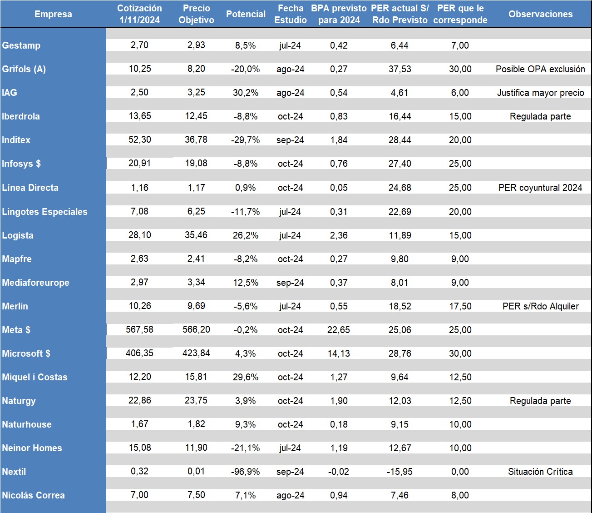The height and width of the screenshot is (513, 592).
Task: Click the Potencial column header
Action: coord(246,14)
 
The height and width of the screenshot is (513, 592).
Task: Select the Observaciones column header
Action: coord(540,14)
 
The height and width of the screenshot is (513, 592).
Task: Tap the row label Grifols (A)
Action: coord(24,69)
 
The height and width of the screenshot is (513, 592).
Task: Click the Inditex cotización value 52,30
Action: coord(139,140)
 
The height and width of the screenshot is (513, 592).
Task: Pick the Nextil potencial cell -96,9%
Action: coord(245,472)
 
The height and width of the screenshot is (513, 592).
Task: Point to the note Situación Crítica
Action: coord(540,472)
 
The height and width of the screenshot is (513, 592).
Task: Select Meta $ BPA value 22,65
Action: coord(339,330)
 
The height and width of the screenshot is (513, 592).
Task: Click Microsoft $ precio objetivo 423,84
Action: coord(196,354)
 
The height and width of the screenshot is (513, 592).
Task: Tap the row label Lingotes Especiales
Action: coord(44,212)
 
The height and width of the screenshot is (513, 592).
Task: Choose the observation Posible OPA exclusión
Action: coord(540,69)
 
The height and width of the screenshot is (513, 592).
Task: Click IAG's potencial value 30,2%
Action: coord(245,93)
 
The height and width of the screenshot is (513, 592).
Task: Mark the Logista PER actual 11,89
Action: coord(400,235)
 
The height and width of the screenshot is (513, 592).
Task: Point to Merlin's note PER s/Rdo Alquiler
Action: coord(540,306)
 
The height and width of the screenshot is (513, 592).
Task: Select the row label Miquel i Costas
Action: coord(35,377)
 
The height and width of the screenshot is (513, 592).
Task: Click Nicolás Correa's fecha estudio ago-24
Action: coord(290,495)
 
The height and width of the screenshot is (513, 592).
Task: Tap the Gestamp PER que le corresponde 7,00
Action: coord(460,45)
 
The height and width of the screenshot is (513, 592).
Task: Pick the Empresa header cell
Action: coord(53,14)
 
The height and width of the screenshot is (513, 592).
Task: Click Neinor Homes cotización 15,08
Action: coord(139,448)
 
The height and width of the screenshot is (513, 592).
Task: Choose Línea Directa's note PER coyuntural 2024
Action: coord(540,188)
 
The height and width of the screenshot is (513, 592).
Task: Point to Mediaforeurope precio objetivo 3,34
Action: coord(196,283)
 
